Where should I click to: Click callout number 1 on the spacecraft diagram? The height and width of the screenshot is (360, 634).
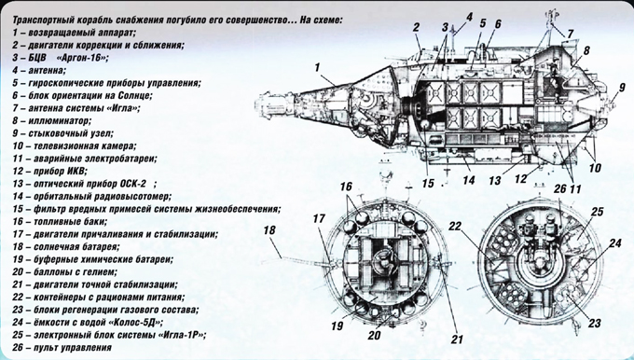pyautogui.click(x=317, y=67)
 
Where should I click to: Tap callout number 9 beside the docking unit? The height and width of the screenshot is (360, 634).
pyautogui.click(x=622, y=88)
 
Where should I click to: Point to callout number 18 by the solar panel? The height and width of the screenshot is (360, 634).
pyautogui.click(x=269, y=230)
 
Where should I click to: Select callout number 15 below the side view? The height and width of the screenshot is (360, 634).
pyautogui.click(x=428, y=183)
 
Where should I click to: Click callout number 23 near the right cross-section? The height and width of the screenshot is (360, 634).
pyautogui.click(x=595, y=324)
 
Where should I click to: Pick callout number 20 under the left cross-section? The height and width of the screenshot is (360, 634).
pyautogui.click(x=375, y=335)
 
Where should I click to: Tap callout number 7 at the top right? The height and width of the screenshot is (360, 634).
pyautogui.click(x=570, y=34)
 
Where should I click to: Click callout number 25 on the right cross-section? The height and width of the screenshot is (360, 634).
pyautogui.click(x=598, y=212)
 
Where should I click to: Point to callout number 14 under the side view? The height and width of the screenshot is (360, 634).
pyautogui.click(x=469, y=180)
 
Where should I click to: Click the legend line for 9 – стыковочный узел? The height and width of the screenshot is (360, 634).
pyautogui.click(x=62, y=133)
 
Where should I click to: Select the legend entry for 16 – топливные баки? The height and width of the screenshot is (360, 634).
pyautogui.click(x=60, y=222)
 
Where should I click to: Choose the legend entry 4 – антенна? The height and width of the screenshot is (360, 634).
pyautogui.click(x=39, y=70)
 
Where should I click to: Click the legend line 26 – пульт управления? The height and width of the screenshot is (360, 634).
pyautogui.click(x=62, y=348)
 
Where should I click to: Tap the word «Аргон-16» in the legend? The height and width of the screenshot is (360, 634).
pyautogui.click(x=83, y=58)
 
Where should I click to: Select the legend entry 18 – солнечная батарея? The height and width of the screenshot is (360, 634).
pyautogui.click(x=66, y=247)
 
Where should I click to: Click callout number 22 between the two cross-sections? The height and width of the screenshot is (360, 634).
pyautogui.click(x=455, y=226)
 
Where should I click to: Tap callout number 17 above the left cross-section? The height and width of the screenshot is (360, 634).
pyautogui.click(x=319, y=219)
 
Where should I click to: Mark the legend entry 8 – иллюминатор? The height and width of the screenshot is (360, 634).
pyautogui.click(x=52, y=120)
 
